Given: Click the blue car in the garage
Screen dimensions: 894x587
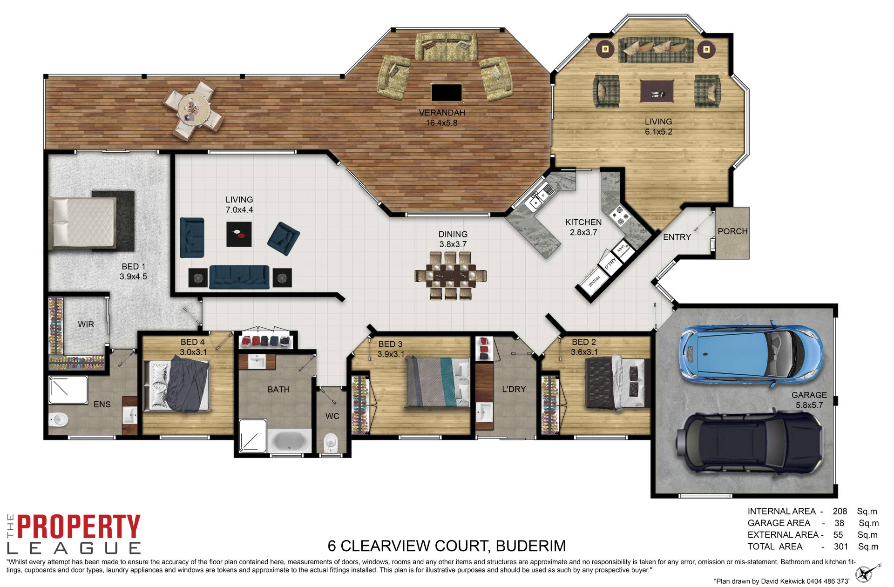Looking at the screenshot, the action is [751, 352].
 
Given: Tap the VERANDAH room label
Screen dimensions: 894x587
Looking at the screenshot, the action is [441, 113].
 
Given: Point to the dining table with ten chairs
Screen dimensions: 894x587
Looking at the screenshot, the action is [451, 276].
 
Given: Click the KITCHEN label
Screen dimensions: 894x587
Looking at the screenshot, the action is [583, 223].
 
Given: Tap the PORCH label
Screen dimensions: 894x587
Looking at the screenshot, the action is [732, 231].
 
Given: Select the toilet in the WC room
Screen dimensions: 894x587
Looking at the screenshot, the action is [330, 442].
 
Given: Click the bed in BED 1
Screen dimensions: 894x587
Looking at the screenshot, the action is [84, 223].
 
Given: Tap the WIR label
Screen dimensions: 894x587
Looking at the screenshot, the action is [86, 324].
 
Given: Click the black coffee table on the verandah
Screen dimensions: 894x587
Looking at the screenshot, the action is [447, 93].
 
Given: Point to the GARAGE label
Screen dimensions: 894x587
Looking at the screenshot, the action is [809, 395].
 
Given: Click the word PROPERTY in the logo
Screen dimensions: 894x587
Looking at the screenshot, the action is [79, 526].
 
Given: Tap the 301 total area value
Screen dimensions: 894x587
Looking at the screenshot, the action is [840, 547].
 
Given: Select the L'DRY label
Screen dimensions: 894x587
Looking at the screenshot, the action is [514, 389].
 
